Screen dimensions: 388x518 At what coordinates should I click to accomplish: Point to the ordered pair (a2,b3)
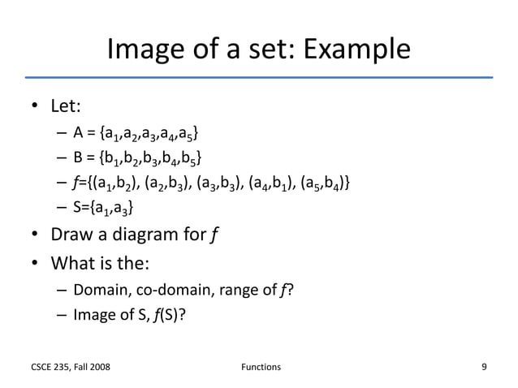[170, 180]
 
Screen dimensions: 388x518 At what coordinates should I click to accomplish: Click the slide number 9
[485, 367]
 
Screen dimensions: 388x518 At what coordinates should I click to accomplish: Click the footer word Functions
[261, 368]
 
